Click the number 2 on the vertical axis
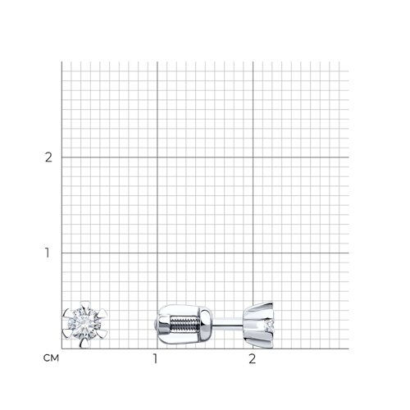coord(48,157)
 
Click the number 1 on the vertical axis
coord(48,253)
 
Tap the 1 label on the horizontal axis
coord(156,358)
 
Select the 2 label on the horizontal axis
coord(253,358)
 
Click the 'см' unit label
coord(51,358)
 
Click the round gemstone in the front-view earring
coord(84,324)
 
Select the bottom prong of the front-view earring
coord(85,343)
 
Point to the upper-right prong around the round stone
coord(102,314)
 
